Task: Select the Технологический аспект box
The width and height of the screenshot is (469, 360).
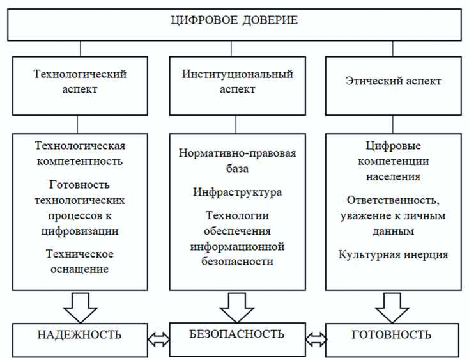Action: pyautogui.click(x=80, y=82)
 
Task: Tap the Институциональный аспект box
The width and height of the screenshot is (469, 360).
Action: pyautogui.click(x=236, y=82)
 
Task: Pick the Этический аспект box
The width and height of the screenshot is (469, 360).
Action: pyautogui.click(x=393, y=82)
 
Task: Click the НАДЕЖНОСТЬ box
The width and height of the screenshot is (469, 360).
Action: pyautogui.click(x=79, y=335)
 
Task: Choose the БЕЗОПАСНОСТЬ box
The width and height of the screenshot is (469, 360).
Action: pyautogui.click(x=236, y=334)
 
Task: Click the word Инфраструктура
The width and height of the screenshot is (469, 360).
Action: pyautogui.click(x=236, y=192)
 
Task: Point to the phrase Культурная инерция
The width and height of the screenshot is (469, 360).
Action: pyautogui.click(x=393, y=254)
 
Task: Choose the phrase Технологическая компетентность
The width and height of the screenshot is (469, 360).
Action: pyautogui.click(x=80, y=153)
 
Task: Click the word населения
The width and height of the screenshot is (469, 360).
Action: pyautogui.click(x=393, y=176)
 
